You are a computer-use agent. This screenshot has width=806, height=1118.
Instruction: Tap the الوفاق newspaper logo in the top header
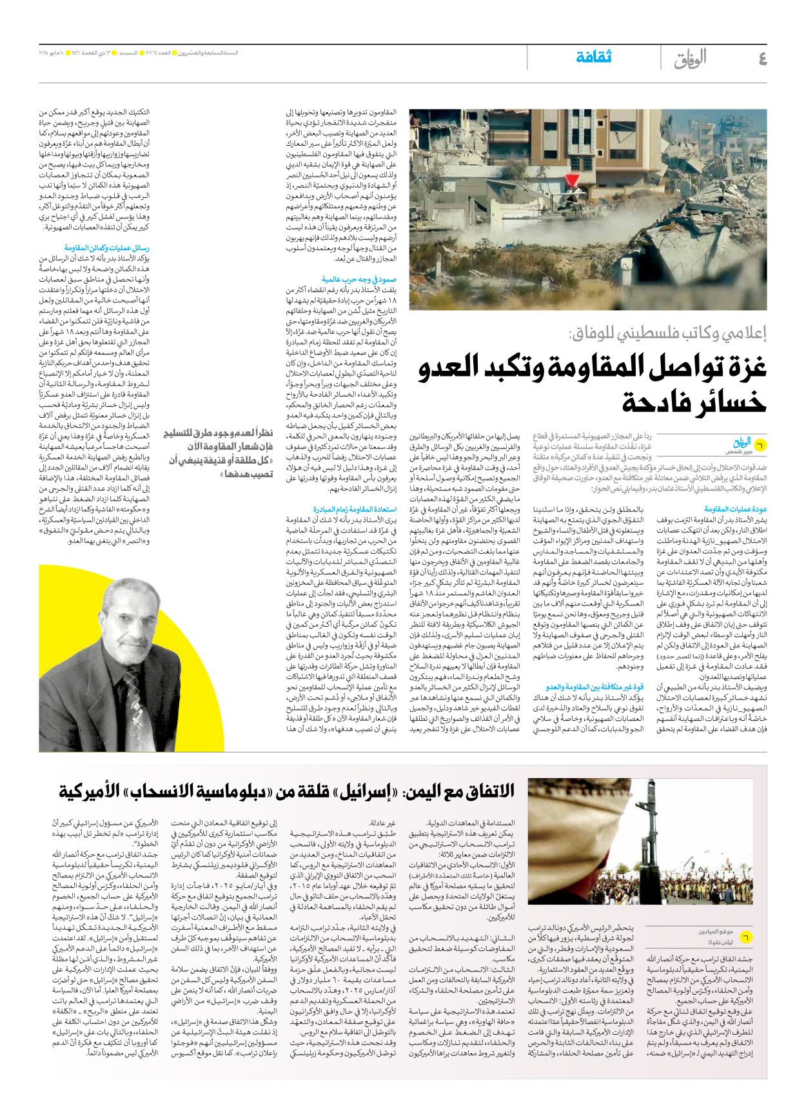[690, 59]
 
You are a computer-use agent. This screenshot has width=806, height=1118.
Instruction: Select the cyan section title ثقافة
[593, 57]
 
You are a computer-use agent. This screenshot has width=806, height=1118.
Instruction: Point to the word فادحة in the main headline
[694, 403]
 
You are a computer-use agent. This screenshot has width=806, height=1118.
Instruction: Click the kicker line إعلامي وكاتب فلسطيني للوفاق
[667, 333]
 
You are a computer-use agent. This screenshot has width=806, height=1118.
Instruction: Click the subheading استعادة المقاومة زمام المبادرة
[355, 509]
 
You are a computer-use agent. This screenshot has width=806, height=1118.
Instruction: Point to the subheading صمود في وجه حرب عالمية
[359, 280]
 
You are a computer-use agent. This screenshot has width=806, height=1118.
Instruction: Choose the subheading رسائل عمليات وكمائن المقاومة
[107, 248]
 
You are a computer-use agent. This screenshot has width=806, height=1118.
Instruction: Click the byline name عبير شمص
[739, 452]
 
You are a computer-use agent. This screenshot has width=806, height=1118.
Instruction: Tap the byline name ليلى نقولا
[721, 943]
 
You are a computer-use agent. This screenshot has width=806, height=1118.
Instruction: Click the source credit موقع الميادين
[715, 932]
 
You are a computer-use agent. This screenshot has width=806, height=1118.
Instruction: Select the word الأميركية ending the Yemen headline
[90, 791]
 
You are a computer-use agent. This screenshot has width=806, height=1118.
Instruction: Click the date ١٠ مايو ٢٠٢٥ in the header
[60, 53]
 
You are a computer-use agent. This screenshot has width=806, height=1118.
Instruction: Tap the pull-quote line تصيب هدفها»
[246, 474]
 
